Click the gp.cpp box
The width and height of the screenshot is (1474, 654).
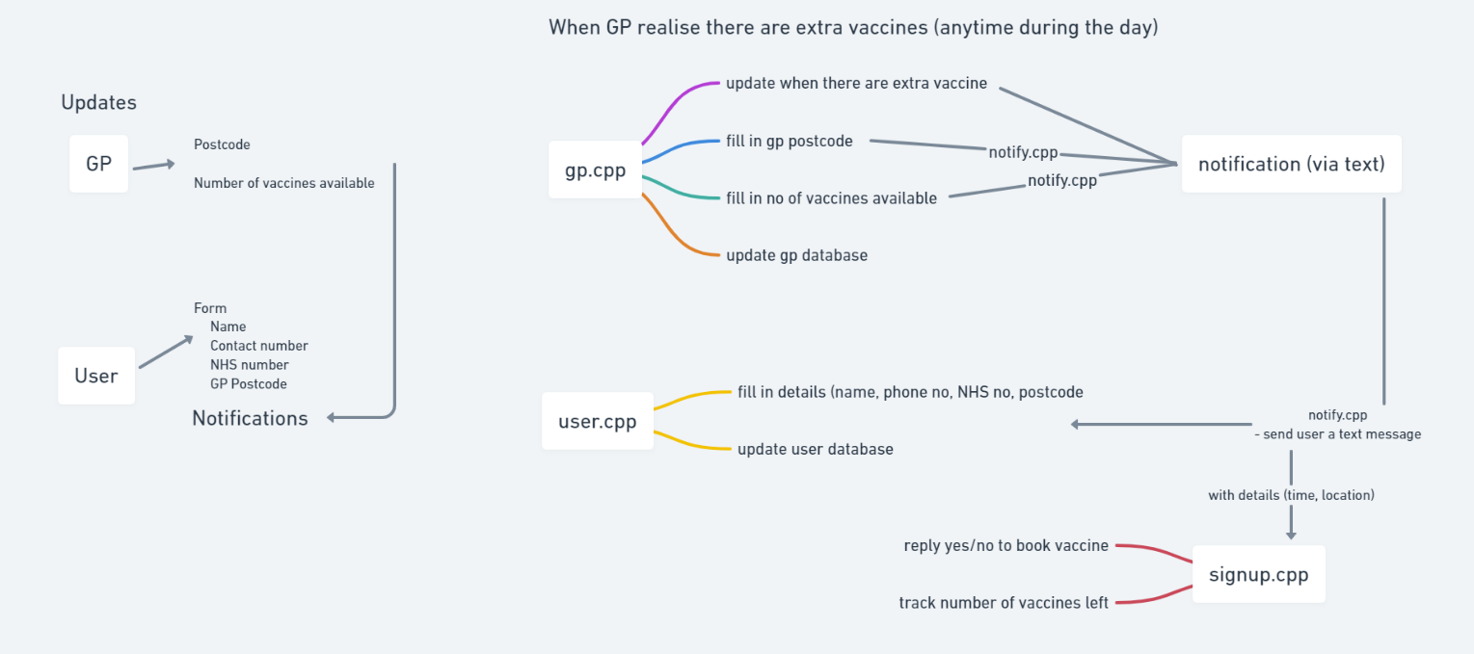pos(595,170)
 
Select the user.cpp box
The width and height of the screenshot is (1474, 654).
pos(598,421)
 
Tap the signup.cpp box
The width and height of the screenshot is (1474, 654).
pos(1258,574)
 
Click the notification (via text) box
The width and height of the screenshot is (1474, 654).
pos(1291,164)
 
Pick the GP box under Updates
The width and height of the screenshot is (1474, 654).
pos(98,164)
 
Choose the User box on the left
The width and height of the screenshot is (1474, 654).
pos(96,376)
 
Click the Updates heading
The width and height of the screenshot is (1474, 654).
pos(98,102)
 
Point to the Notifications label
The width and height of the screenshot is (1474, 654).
pos(250,418)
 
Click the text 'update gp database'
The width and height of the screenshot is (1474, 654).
pos(796,255)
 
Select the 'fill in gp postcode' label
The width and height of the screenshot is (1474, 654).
pos(789,141)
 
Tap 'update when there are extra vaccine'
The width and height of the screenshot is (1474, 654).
pos(856,83)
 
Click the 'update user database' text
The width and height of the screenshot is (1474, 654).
pos(815,449)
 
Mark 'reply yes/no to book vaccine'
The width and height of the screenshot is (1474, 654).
pos(1005,545)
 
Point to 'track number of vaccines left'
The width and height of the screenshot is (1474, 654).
pos(1004,603)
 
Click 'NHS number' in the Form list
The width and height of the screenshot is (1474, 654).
pos(249,364)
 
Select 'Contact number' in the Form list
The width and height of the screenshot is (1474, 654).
pos(258,345)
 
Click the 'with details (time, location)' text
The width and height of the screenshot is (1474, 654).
pos(1291,495)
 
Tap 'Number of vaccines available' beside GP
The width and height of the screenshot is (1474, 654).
pos(283,183)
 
